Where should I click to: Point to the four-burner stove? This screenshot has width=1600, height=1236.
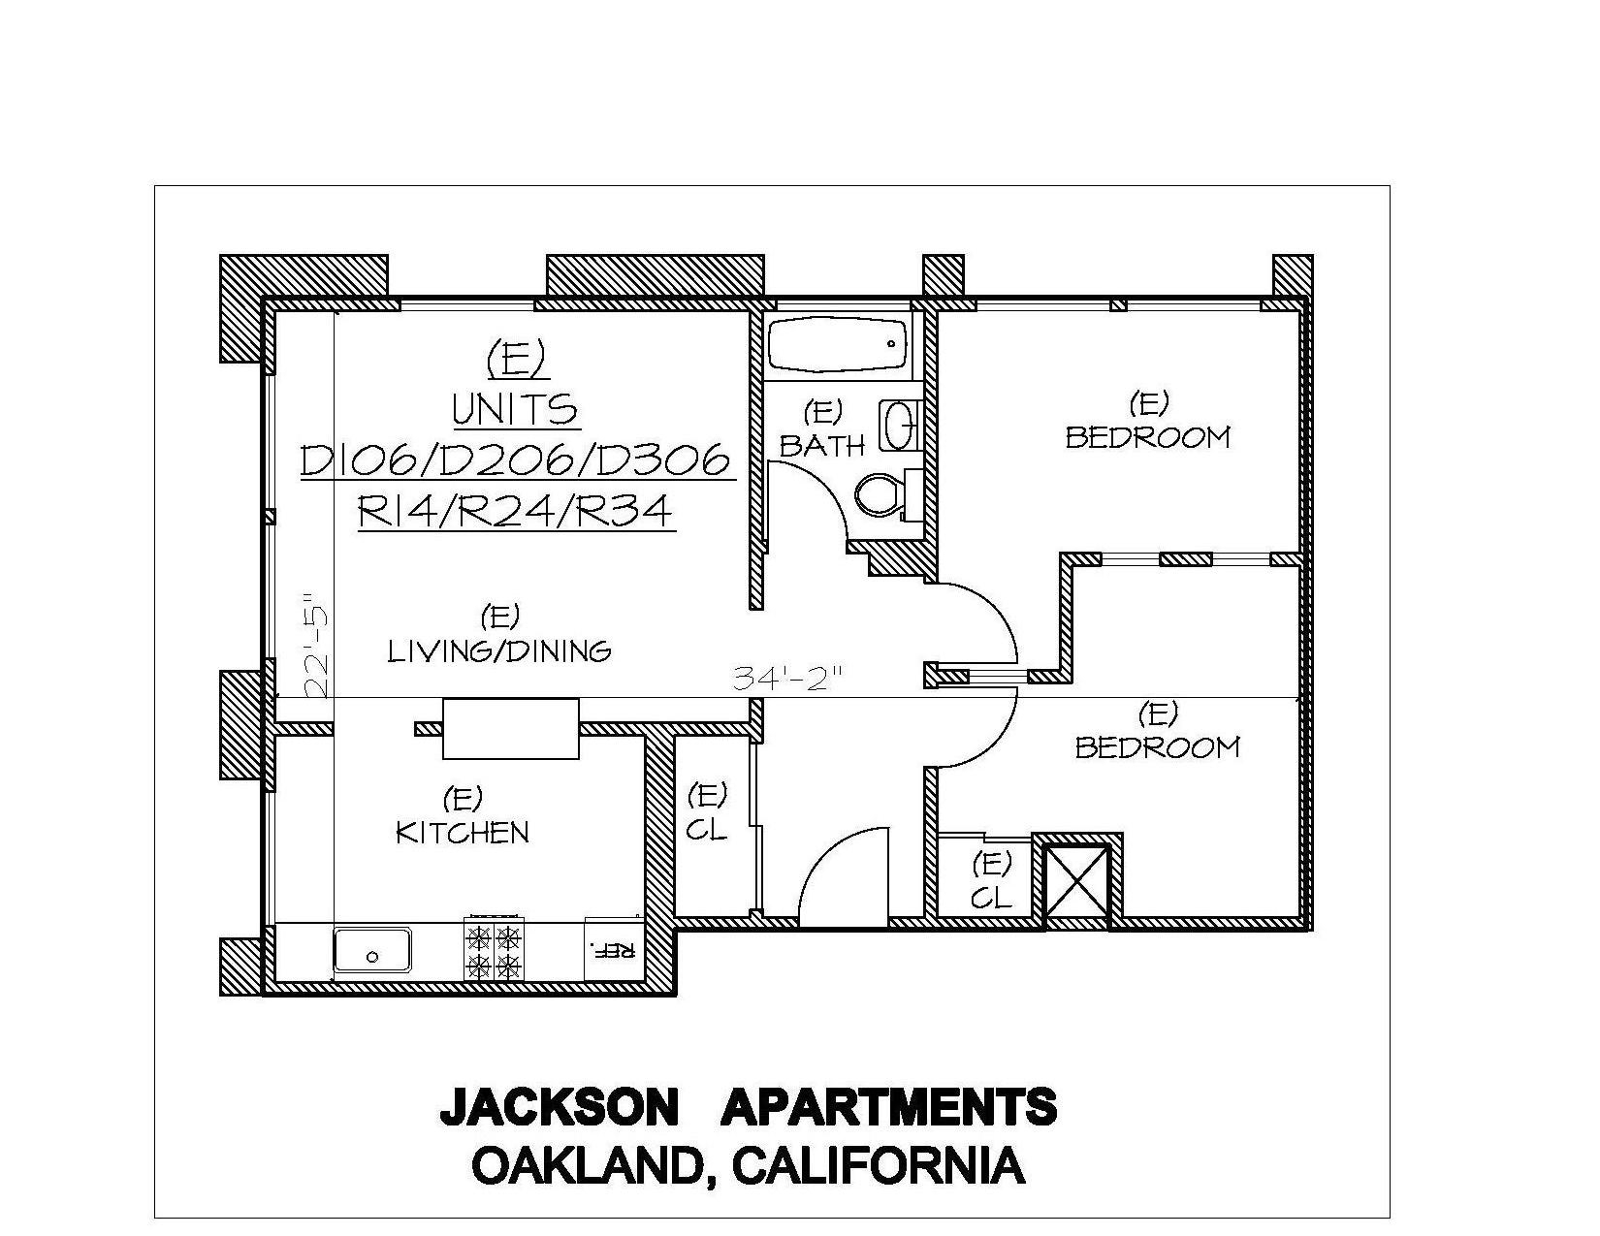click(x=495, y=947)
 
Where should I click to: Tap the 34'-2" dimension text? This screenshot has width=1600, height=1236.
click(x=786, y=678)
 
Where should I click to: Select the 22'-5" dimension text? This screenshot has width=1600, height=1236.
click(x=315, y=643)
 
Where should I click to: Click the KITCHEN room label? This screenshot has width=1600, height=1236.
click(x=463, y=833)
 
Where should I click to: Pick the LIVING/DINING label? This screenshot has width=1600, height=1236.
click(x=499, y=650)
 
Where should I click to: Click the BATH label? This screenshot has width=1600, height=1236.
click(x=821, y=445)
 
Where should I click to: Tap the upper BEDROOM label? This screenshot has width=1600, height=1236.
click(x=1147, y=438)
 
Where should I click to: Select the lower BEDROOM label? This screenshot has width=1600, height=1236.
click(x=1158, y=748)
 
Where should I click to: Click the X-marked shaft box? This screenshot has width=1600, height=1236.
click(x=1077, y=881)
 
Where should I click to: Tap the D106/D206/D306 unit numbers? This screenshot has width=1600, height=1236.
click(x=516, y=460)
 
